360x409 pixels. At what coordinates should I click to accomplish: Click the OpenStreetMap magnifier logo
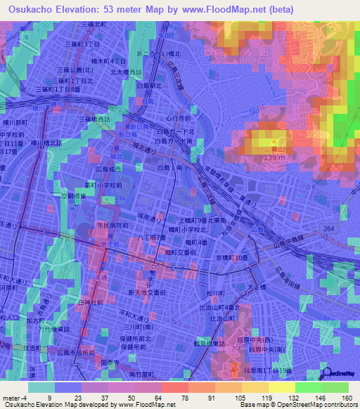click(x=327, y=373)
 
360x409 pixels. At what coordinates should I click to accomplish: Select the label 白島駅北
click(x=150, y=86)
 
